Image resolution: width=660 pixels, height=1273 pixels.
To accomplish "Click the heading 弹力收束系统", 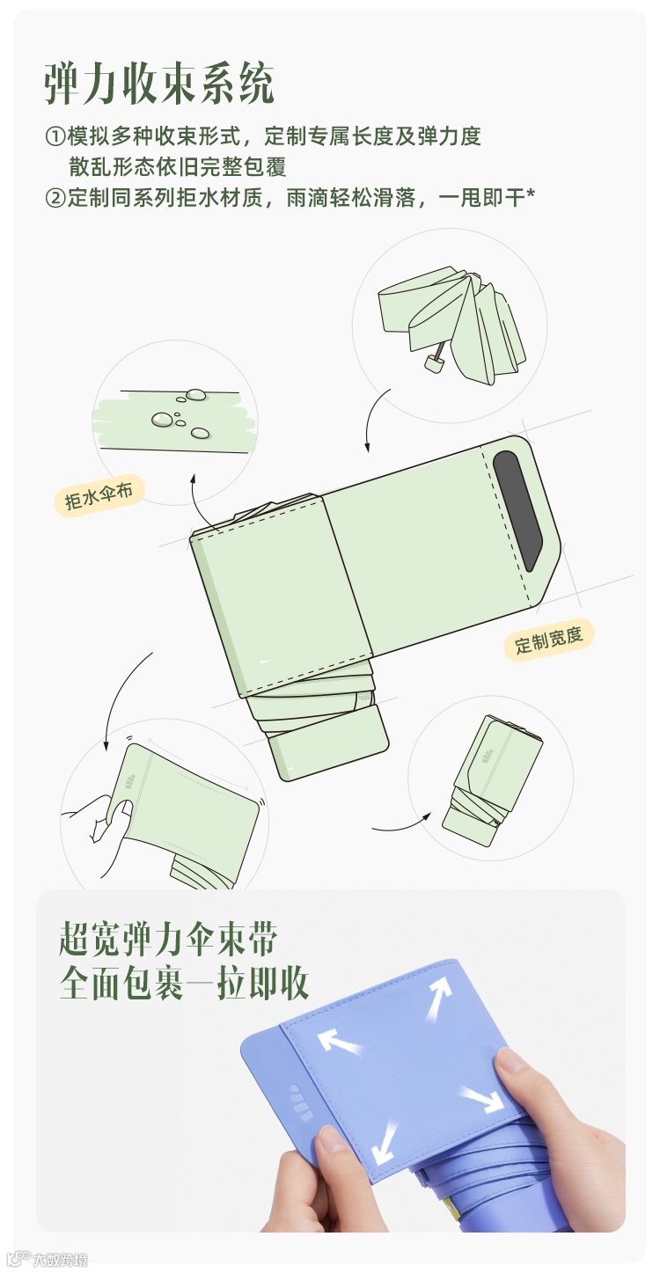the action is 160,85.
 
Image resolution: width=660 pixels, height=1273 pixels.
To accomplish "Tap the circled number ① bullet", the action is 55,136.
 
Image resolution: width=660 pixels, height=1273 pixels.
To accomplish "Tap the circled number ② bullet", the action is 55,198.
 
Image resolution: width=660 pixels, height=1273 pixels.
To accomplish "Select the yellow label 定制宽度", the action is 549,640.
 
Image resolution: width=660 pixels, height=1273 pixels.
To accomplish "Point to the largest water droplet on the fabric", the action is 162,420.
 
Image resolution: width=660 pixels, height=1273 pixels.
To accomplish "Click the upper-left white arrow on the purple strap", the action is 339,1043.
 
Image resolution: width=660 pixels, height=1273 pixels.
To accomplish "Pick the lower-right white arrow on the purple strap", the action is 481,1098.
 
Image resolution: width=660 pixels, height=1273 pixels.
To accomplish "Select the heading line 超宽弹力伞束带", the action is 168,939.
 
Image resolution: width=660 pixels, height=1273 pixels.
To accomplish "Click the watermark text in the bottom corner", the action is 59,1260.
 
